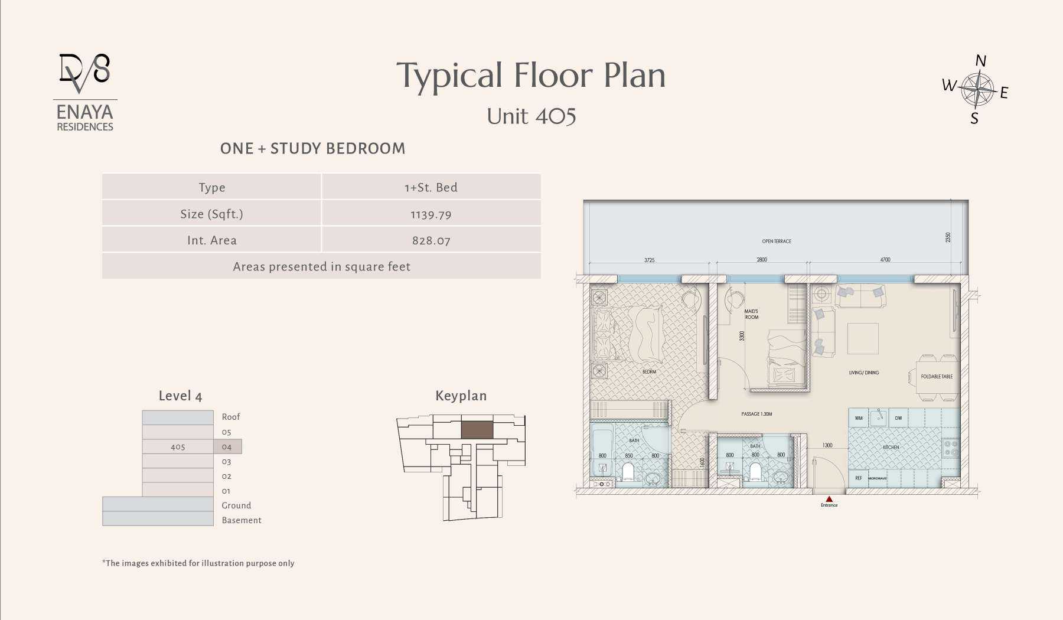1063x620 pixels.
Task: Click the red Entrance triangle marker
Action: coord(829,499)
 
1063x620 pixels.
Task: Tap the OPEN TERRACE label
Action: coord(777,241)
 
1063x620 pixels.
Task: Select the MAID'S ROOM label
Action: coord(751,314)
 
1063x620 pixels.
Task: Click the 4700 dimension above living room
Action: coord(885,259)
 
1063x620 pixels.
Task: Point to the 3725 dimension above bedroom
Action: coord(649,260)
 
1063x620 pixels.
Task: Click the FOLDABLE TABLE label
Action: coord(937,376)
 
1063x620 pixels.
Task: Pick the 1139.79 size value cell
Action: coord(431,214)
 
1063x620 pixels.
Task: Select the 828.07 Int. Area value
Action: coord(431,240)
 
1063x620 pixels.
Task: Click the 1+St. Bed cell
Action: coord(431,187)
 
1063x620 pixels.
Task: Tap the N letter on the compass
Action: coord(980,61)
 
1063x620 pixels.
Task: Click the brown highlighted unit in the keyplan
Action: coord(477,429)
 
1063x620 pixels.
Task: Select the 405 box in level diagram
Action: coord(178,447)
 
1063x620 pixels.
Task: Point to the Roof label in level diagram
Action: coord(231,417)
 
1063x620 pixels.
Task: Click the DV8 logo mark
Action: coord(85,72)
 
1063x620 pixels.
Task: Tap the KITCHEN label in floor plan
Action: coord(891,447)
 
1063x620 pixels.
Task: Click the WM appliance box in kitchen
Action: coord(859,418)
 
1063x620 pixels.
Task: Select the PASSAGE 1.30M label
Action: coord(757,414)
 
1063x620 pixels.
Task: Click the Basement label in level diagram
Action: coord(242,520)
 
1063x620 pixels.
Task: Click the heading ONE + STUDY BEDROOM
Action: coord(312,148)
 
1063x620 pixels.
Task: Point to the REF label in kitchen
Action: coord(859,478)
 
